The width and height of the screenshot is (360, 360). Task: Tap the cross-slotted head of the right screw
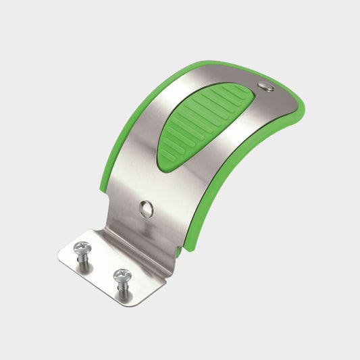(x=122, y=275)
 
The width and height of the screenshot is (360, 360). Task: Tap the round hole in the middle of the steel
(x=146, y=209)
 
